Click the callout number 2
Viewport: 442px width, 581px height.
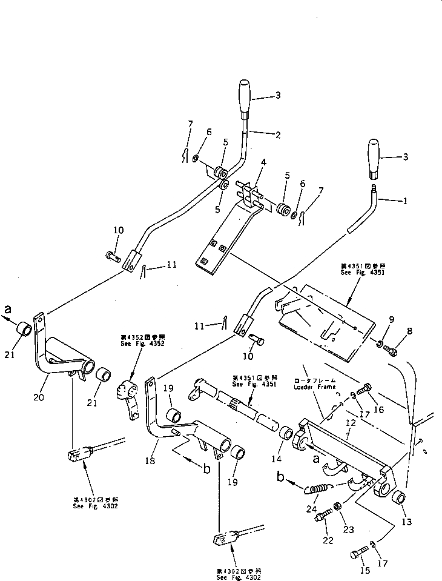pos(277,134)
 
